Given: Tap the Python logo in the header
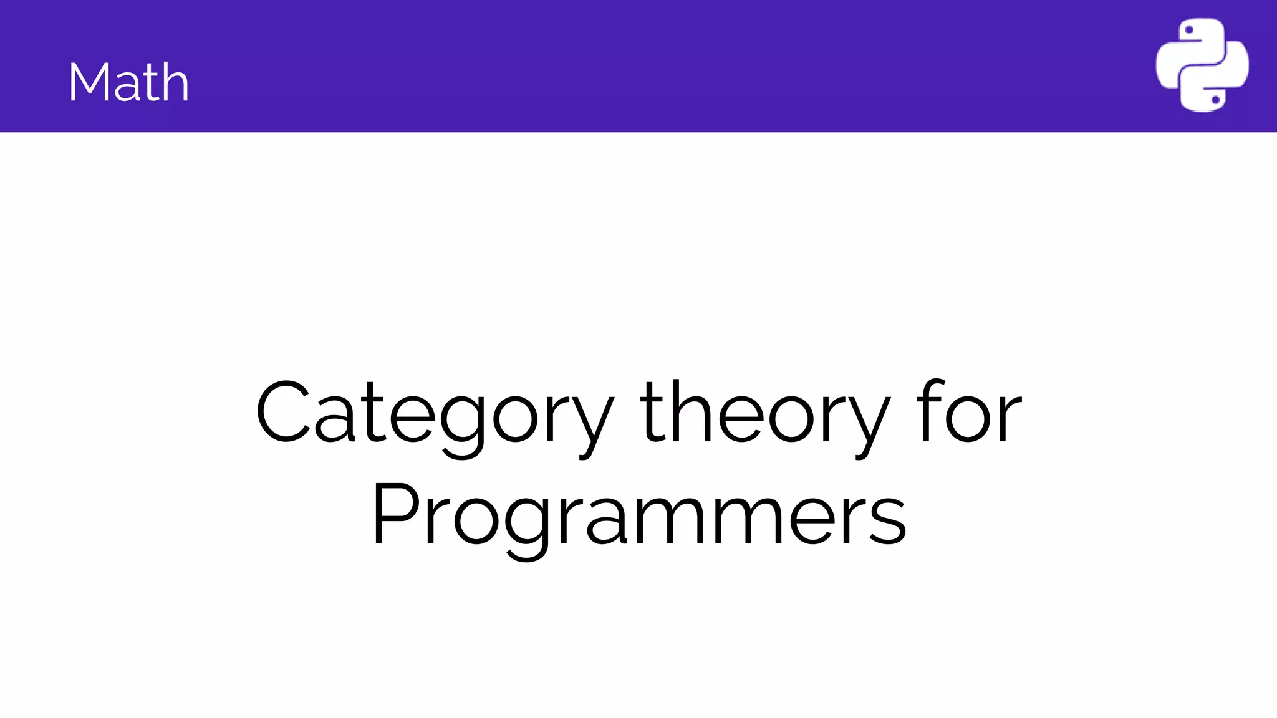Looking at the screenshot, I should point(1202,65).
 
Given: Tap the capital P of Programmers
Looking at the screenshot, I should point(395,514).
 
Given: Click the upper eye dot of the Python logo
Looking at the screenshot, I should point(1188,30).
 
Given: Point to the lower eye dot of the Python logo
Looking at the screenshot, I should point(1215,100).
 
